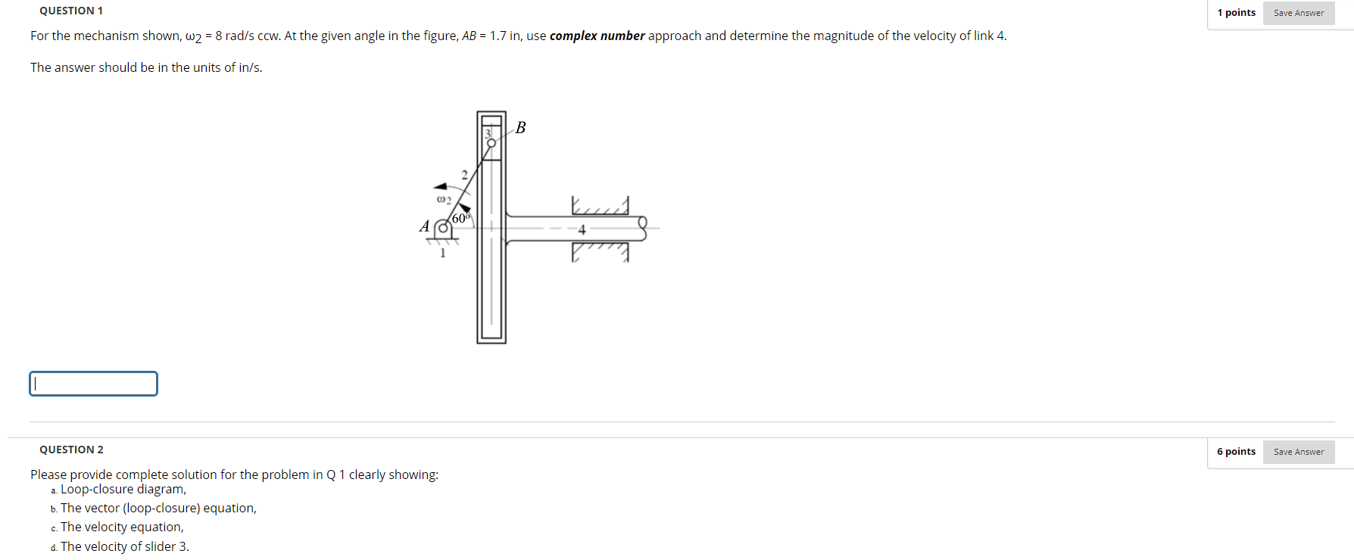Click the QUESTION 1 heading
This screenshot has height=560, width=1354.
pos(71,11)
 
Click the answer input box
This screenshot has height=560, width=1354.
pos(93,384)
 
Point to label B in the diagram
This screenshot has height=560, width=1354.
pos(520,127)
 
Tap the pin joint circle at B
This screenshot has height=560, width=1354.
pos(491,142)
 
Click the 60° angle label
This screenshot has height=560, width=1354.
pos(460,218)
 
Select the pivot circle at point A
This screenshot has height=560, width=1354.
pos(444,227)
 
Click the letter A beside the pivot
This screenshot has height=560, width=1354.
pos(424,226)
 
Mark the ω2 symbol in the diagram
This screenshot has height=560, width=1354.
pos(444,200)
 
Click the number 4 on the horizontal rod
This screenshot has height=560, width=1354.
pos(582,230)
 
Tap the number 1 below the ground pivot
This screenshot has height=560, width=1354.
pos(443,253)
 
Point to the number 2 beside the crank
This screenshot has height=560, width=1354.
pos(464,175)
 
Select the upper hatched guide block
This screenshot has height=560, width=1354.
pos(600,207)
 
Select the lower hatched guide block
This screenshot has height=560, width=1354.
pos(600,251)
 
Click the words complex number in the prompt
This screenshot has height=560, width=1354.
pos(597,36)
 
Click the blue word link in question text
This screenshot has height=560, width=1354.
pos(983,36)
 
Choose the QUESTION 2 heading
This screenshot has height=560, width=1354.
pos(71,450)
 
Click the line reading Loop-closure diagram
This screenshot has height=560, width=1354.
pos(123,489)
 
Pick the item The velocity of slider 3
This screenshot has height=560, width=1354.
pos(124,546)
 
